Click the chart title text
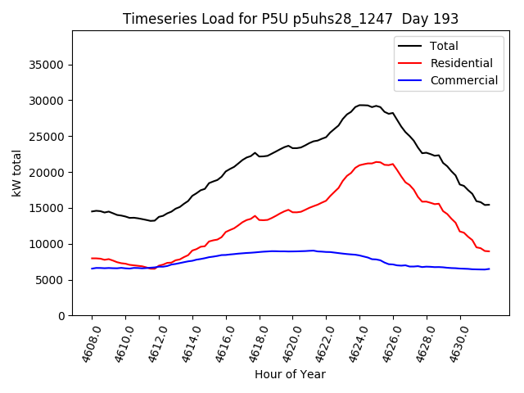(290, 19)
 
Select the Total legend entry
(444, 46)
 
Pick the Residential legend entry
(461, 63)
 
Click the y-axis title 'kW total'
(16, 174)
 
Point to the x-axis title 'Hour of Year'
(290, 374)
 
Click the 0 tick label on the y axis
(61, 316)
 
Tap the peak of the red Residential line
(377, 162)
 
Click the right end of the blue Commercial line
(489, 269)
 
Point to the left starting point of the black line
(92, 211)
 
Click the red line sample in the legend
(410, 63)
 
